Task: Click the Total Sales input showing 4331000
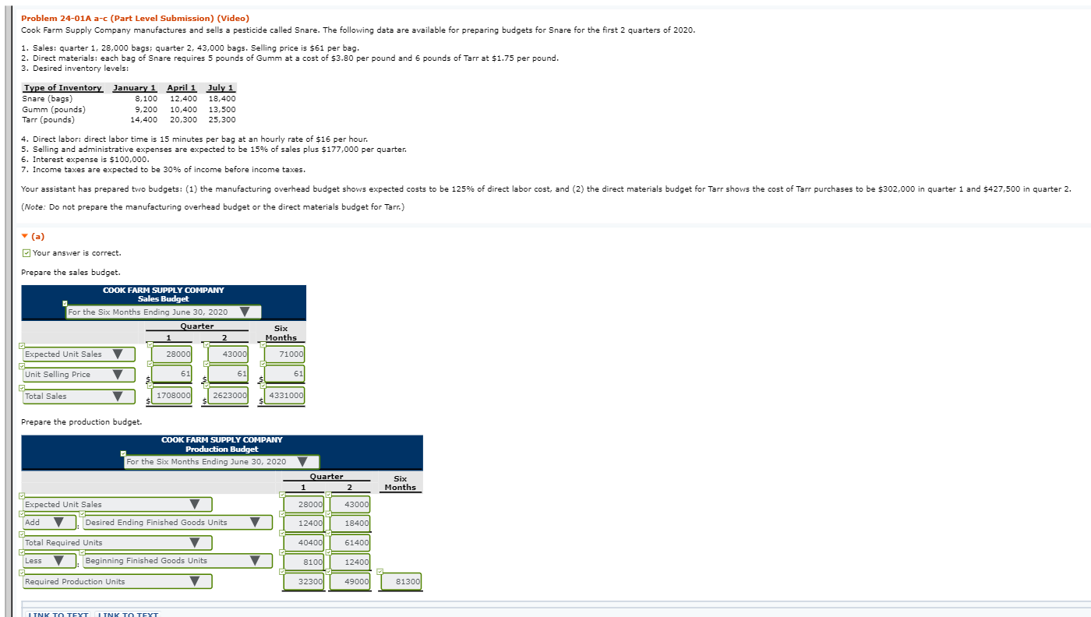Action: pyautogui.click(x=285, y=396)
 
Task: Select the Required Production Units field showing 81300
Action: pyautogui.click(x=402, y=582)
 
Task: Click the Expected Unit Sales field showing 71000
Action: pyautogui.click(x=285, y=354)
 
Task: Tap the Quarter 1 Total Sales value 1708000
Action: pyautogui.click(x=171, y=396)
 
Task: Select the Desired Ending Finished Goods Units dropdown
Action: pyautogui.click(x=177, y=523)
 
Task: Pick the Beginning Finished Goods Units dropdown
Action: pyautogui.click(x=177, y=561)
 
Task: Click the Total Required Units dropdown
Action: pyautogui.click(x=117, y=543)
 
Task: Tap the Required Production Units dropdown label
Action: pyautogui.click(x=117, y=582)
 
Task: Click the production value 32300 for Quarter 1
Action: pyautogui.click(x=305, y=582)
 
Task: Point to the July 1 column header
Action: pyautogui.click(x=221, y=88)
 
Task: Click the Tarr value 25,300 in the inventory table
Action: pyautogui.click(x=222, y=120)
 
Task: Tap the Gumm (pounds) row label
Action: pyautogui.click(x=54, y=109)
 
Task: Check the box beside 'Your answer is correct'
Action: pyautogui.click(x=26, y=252)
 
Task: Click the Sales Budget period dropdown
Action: pyautogui.click(x=164, y=312)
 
